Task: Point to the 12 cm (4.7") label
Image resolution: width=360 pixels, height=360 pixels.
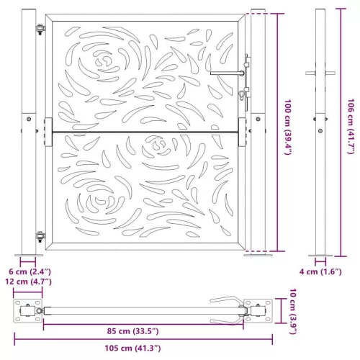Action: [x=30, y=282]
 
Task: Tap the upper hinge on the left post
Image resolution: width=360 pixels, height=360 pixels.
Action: [x=40, y=29]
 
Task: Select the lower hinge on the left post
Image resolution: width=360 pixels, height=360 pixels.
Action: [x=40, y=235]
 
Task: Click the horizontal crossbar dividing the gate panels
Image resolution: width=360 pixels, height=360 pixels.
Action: [x=144, y=131]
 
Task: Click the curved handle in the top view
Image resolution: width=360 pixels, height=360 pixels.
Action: [x=225, y=303]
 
